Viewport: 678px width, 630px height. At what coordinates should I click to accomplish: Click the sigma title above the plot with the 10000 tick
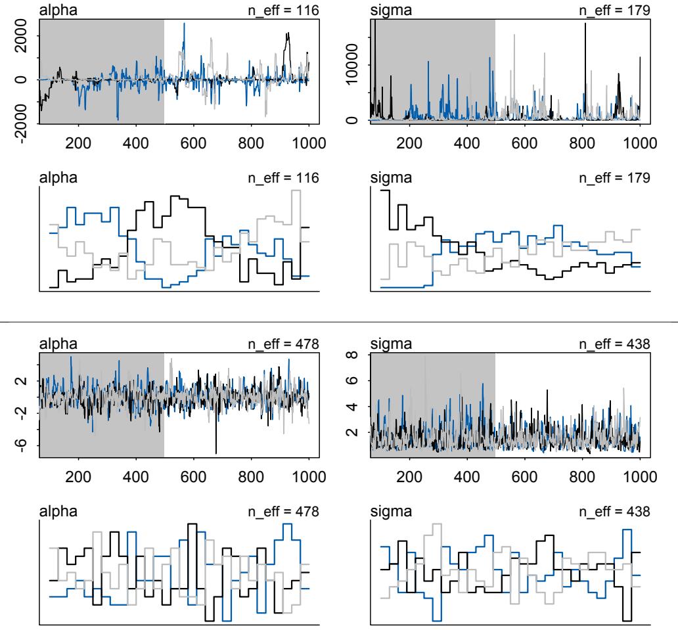[386, 9]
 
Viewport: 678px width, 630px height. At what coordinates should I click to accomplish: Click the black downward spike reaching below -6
[216, 452]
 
